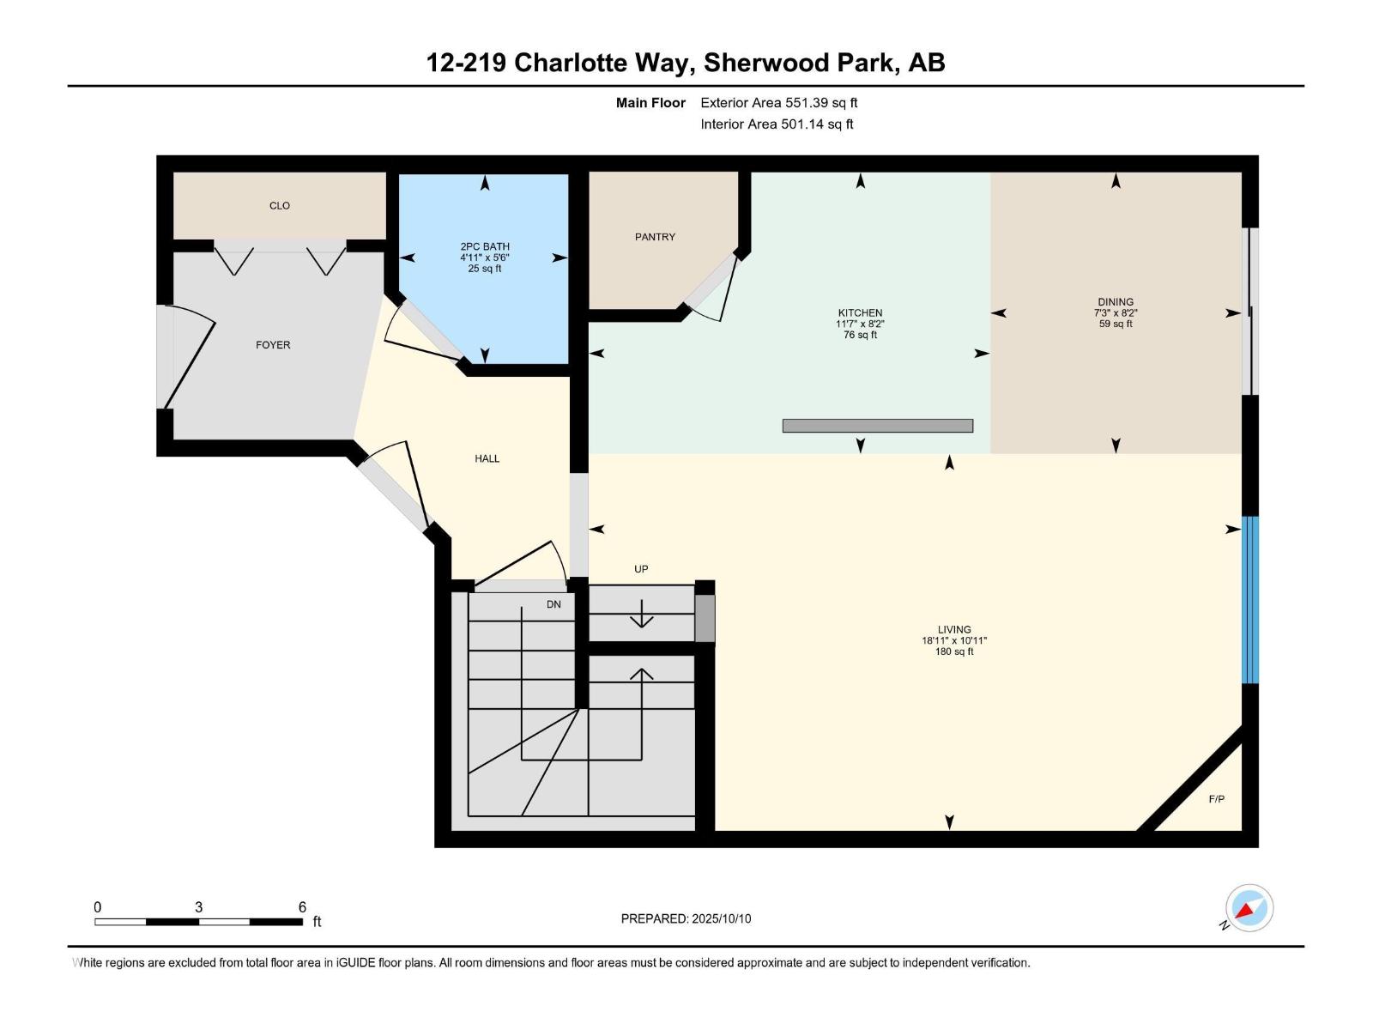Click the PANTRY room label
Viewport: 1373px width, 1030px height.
(x=655, y=237)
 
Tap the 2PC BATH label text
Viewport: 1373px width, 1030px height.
(x=485, y=246)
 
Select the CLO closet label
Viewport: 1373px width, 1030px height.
(x=280, y=206)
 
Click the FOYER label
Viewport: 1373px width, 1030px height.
(x=273, y=345)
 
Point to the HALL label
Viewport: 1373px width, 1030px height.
(x=487, y=458)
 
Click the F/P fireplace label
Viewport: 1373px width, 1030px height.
(x=1216, y=799)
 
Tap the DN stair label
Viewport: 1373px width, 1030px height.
(x=553, y=604)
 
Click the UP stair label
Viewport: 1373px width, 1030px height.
(x=641, y=569)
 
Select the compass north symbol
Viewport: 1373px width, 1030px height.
(x=1249, y=908)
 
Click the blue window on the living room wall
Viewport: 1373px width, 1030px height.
(x=1251, y=599)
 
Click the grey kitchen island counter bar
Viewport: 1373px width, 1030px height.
(x=877, y=426)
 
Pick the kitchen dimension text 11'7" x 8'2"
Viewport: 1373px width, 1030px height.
(x=860, y=324)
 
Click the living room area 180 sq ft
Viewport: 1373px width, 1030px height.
(x=954, y=652)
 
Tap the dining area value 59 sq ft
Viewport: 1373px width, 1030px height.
(x=1116, y=324)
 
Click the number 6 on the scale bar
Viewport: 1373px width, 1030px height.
(x=302, y=907)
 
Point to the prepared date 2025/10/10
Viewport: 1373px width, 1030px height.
(x=720, y=918)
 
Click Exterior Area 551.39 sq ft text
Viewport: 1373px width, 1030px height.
(x=778, y=103)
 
